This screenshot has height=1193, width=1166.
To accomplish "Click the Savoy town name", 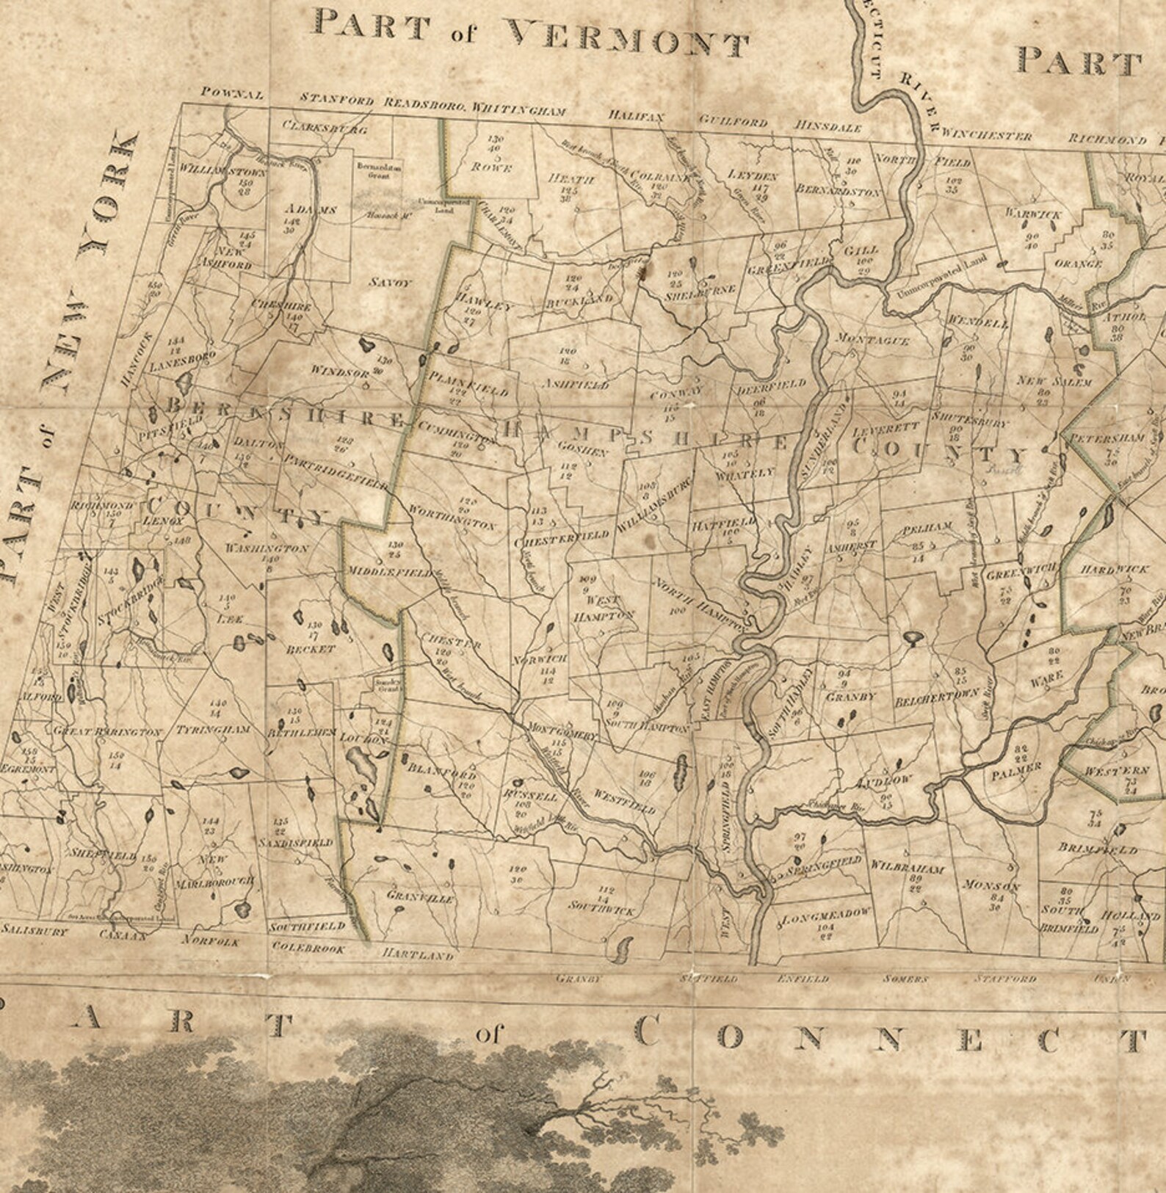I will [391, 283].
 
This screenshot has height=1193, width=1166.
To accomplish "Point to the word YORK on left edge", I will [110, 192].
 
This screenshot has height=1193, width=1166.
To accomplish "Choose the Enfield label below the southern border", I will [803, 979].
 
